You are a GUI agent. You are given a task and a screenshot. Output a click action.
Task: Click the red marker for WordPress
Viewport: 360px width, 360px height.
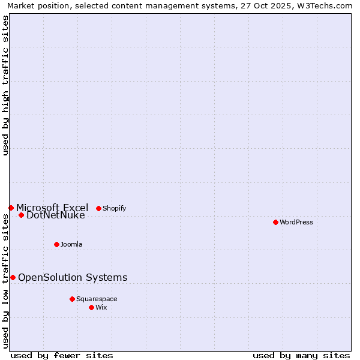[x=275, y=222]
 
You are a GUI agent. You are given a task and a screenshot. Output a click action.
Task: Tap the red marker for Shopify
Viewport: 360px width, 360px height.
[x=98, y=208]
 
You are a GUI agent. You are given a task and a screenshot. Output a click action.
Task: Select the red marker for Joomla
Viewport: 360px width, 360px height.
[x=56, y=244]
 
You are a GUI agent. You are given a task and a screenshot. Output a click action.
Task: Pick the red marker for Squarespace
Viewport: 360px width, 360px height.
[x=72, y=299]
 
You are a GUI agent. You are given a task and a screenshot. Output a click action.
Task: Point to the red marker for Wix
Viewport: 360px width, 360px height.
[x=91, y=307]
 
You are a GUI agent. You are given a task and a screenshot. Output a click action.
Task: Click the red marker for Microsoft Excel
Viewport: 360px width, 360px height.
[x=11, y=208]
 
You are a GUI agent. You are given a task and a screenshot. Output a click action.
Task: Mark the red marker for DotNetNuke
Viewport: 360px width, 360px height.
[x=21, y=215]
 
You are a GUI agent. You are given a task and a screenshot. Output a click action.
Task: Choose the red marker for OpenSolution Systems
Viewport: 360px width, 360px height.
[x=13, y=277]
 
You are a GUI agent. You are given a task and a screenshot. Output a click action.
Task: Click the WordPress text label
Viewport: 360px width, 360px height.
[x=296, y=222]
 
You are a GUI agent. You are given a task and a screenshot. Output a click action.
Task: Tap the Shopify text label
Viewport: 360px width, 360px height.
[x=114, y=208]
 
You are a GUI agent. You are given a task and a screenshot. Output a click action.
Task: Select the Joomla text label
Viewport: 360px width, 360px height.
[x=71, y=244]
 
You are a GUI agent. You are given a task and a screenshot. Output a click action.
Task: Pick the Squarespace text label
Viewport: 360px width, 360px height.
[x=97, y=299]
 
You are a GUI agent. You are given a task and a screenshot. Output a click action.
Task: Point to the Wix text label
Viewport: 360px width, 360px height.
[x=101, y=307]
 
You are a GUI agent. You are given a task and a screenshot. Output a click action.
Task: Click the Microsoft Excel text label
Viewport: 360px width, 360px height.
[x=52, y=208]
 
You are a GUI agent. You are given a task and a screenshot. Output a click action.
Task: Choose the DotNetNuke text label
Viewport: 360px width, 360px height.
[x=56, y=215]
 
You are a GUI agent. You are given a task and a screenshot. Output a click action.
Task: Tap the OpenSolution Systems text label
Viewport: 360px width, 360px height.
[x=73, y=277]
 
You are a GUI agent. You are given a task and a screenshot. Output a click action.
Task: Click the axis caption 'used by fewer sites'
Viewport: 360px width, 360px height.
[x=62, y=355]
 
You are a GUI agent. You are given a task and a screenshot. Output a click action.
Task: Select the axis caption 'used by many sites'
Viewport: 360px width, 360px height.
[x=301, y=355]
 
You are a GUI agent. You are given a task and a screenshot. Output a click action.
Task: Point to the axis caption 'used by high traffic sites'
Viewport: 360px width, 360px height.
[x=5, y=85]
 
